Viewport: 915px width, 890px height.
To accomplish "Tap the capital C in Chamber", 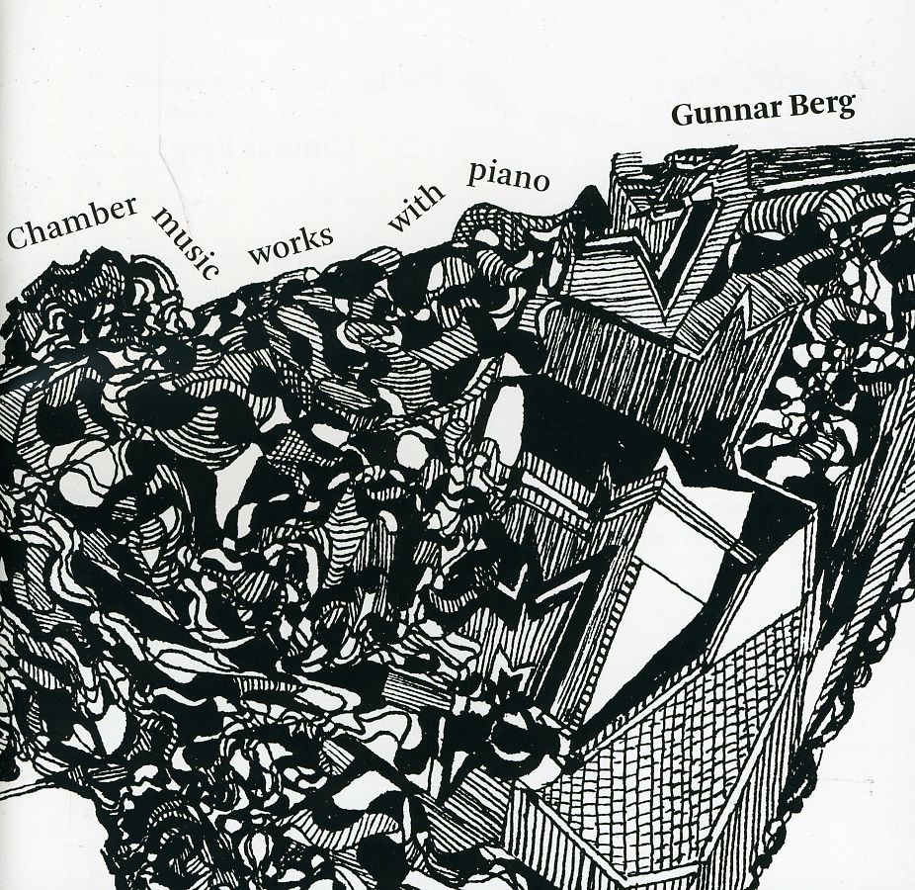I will tap(17, 237).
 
